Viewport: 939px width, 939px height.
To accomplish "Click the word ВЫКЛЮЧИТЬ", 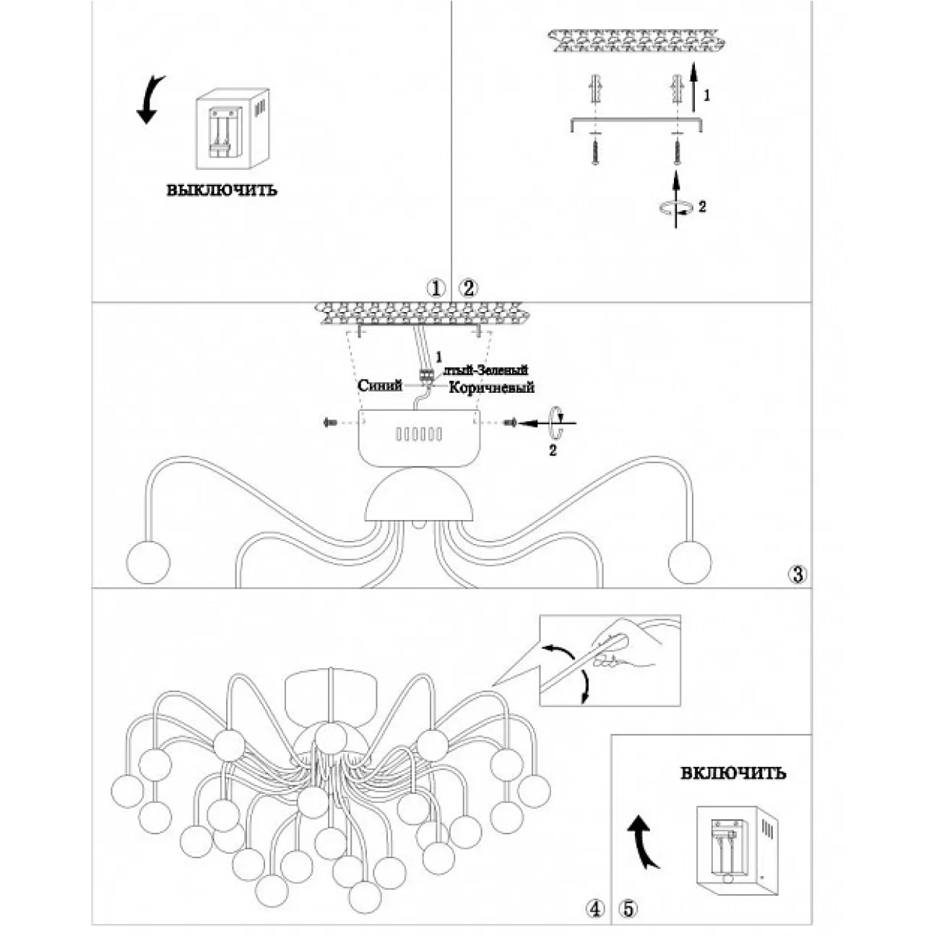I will tap(222, 191).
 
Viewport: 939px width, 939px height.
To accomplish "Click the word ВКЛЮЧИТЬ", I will tap(733, 774).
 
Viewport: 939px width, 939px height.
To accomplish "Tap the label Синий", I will tap(380, 386).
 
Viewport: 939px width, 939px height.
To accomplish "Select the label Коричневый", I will tap(491, 388).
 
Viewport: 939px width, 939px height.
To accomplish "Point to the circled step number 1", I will tap(435, 288).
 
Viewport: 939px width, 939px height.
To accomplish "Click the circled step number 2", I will tap(468, 288).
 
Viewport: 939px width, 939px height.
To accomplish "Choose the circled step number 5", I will tap(627, 909).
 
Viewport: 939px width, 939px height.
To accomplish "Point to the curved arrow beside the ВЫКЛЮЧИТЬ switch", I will tap(151, 100).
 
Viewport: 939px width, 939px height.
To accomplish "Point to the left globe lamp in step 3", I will tap(148, 562).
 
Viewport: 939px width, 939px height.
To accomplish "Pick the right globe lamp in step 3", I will tap(690, 562).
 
